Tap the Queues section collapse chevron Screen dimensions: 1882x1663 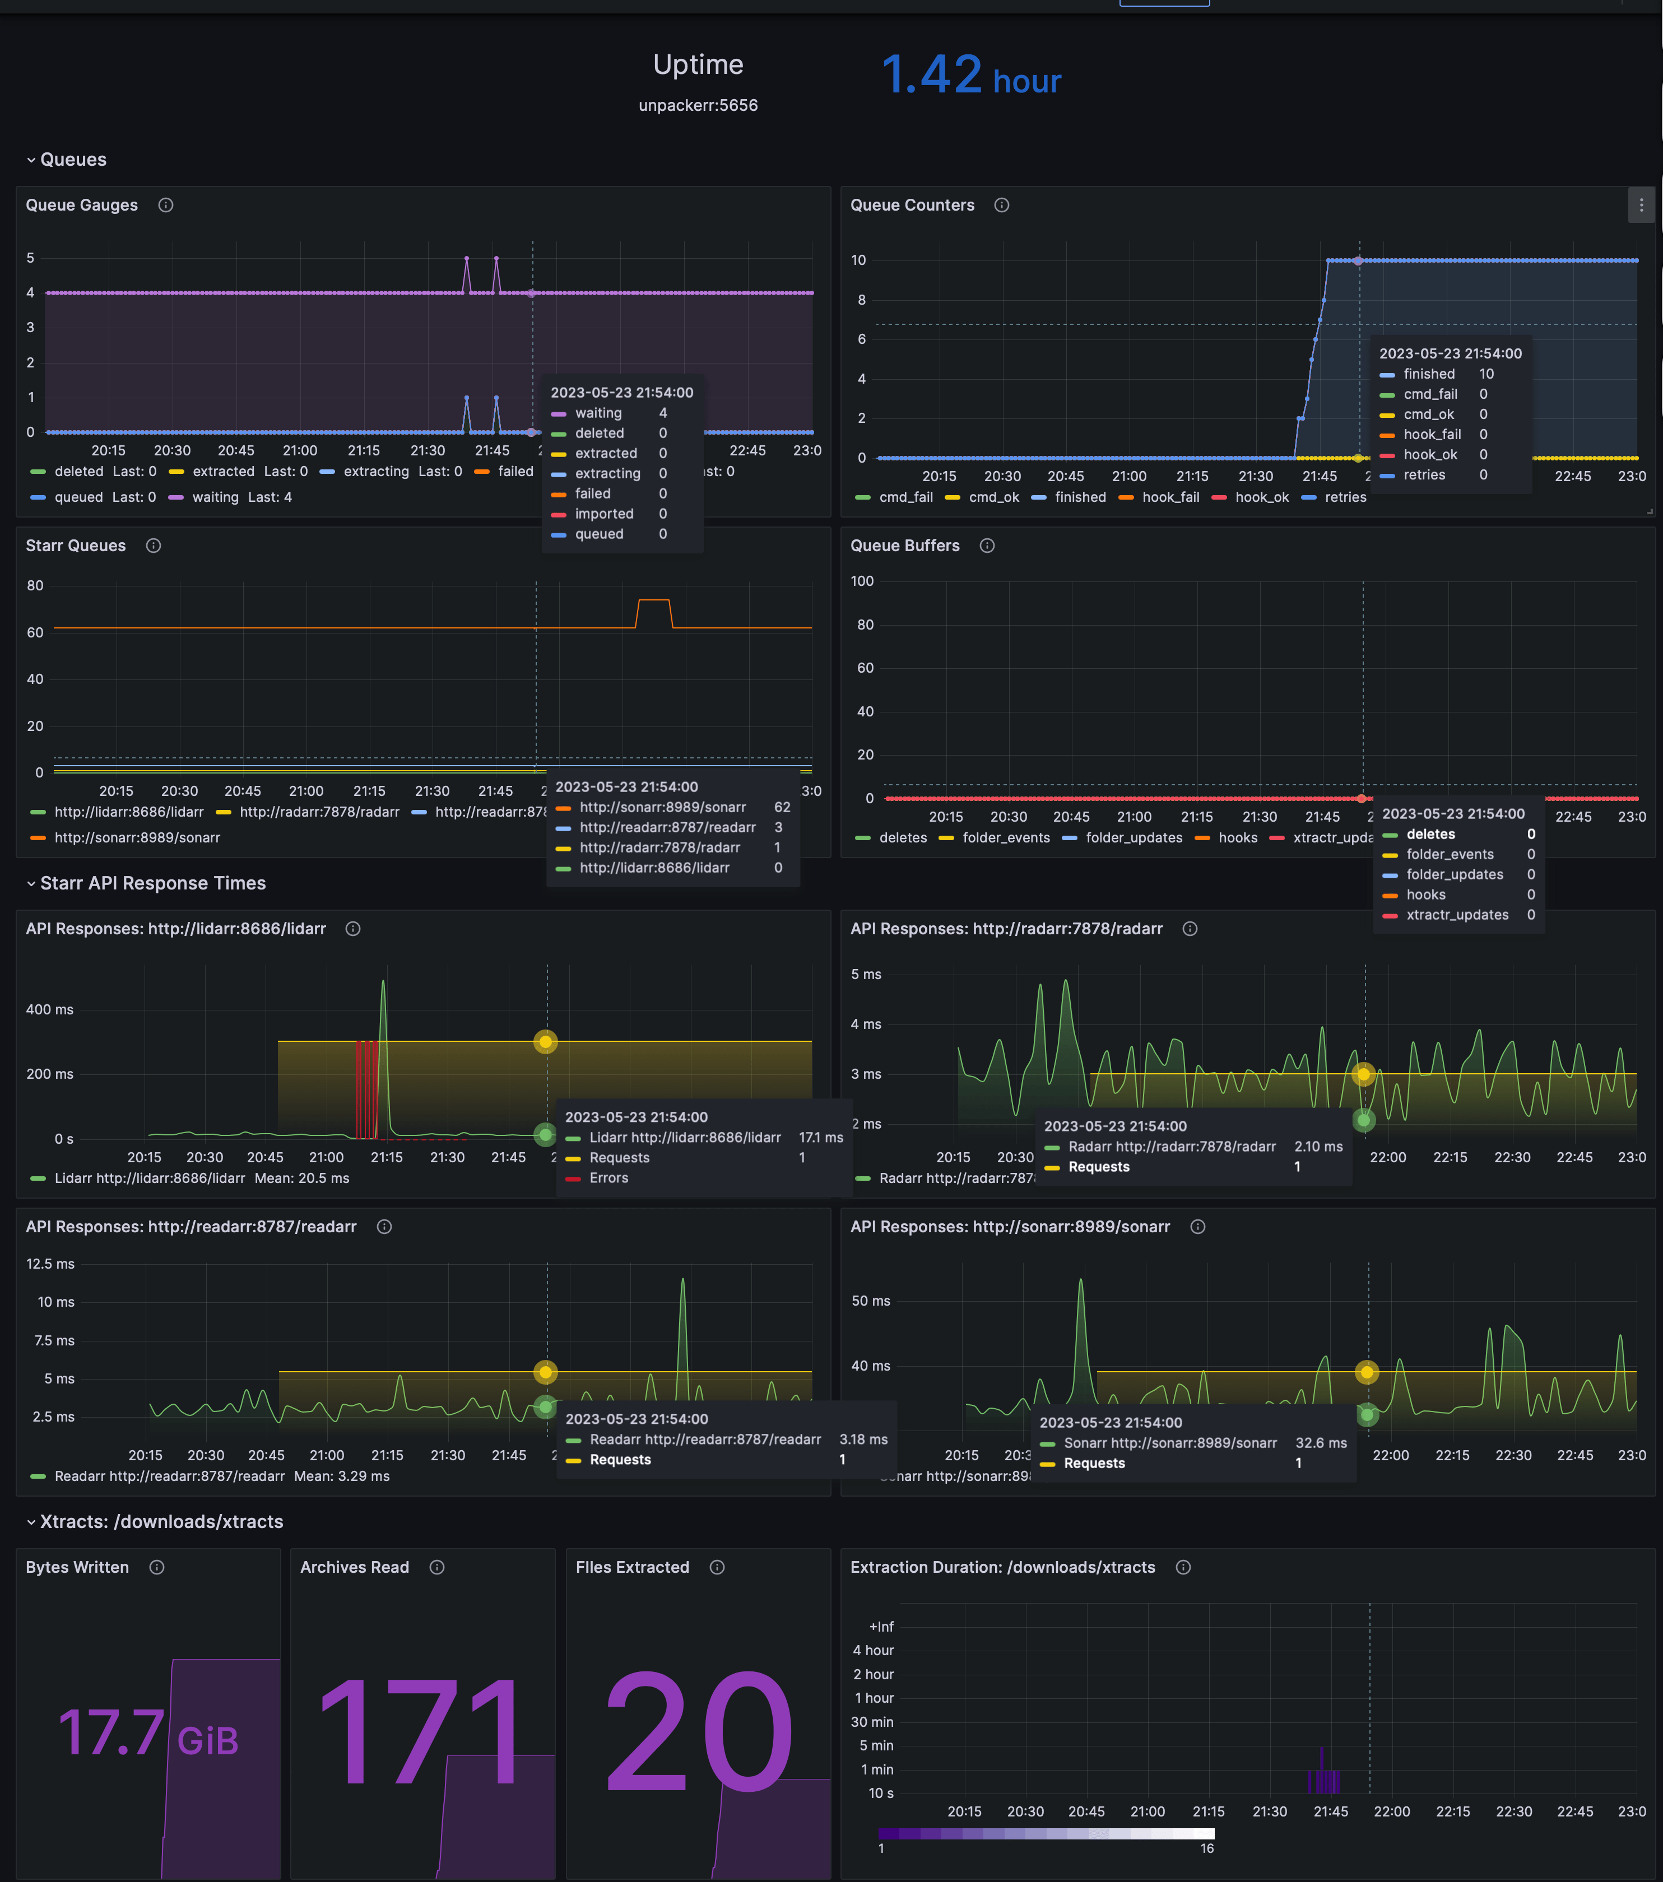click(x=31, y=160)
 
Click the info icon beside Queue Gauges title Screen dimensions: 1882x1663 click(x=166, y=206)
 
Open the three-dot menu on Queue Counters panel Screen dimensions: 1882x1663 click(x=1641, y=206)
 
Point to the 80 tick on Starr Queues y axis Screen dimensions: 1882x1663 click(x=35, y=585)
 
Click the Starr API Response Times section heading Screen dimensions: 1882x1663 click(x=153, y=883)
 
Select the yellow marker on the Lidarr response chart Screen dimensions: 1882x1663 click(x=546, y=1041)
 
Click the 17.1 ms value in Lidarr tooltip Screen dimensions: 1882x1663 click(x=820, y=1137)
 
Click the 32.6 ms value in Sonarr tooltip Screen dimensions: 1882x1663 click(x=1321, y=1443)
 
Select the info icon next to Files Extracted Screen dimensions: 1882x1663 click(x=717, y=1567)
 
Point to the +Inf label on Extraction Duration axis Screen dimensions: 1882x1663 click(x=881, y=1627)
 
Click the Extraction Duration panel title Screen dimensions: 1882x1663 click(x=1002, y=1567)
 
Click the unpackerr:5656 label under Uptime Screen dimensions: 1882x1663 click(x=698, y=106)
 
